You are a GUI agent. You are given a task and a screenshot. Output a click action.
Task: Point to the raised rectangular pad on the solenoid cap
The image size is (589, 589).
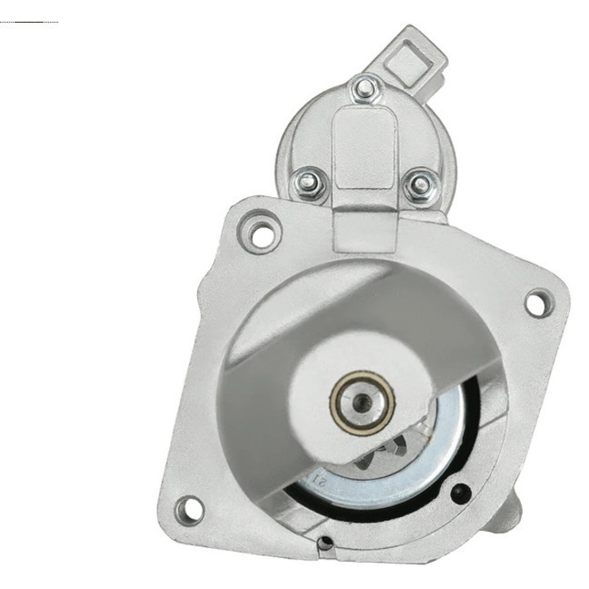point(364,147)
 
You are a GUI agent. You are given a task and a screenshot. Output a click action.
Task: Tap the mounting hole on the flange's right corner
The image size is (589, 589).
point(535,303)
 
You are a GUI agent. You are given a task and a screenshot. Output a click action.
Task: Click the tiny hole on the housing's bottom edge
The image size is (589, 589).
point(326,541)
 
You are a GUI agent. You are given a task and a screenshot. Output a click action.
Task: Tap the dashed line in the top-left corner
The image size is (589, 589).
point(29,21)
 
